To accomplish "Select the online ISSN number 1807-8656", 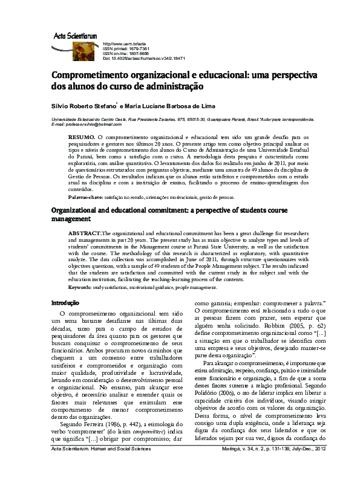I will (x=137, y=54).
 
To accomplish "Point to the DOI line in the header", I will (x=144, y=59).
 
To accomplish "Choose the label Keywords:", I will (x=80, y=287).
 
